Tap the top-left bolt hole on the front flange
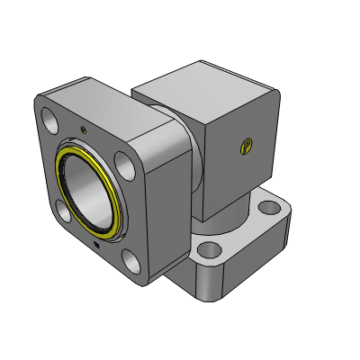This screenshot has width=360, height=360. pos(48,118)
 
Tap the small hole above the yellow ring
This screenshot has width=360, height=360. pos(85,130)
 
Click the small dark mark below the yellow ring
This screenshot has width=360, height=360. pos(97,243)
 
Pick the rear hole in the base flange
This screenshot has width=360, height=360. pos(270,209)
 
